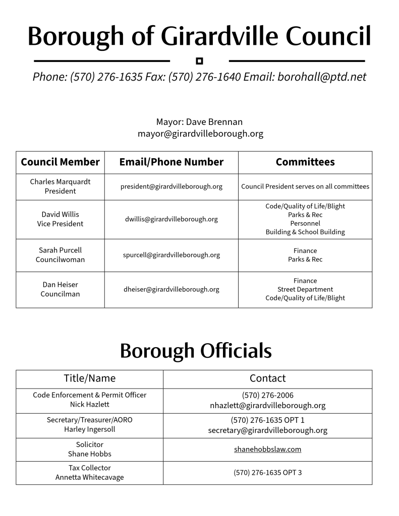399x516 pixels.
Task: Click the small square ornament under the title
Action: pyautogui.click(x=199, y=61)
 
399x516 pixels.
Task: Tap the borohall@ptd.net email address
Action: pyautogui.click(x=322, y=77)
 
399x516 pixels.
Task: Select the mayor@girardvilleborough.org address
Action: pyautogui.click(x=200, y=134)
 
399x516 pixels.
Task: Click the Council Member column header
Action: pyautogui.click(x=60, y=162)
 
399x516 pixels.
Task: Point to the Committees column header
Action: pyautogui.click(x=305, y=162)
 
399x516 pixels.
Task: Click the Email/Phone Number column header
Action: pyautogui.click(x=171, y=162)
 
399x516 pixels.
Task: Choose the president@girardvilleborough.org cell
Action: pyautogui.click(x=171, y=186)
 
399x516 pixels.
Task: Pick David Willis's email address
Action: pyautogui.click(x=171, y=219)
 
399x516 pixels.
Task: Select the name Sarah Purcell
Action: pyautogui.click(x=60, y=250)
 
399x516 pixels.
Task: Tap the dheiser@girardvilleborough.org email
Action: pyautogui.click(x=171, y=289)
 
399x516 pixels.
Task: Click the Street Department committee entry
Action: pyautogui.click(x=305, y=289)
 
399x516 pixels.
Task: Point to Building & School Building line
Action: pyautogui.click(x=305, y=232)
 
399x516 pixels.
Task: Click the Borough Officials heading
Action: pyautogui.click(x=196, y=351)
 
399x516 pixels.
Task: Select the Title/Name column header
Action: pyautogui.click(x=89, y=378)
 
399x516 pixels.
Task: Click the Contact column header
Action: pyautogui.click(x=267, y=378)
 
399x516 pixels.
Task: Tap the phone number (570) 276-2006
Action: pyautogui.click(x=267, y=395)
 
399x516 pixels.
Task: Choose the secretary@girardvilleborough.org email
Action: pyautogui.click(x=267, y=430)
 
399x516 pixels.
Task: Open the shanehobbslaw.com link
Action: pyautogui.click(x=267, y=449)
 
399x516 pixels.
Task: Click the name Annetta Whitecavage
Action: pyautogui.click(x=89, y=477)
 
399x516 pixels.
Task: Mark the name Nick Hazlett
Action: pyautogui.click(x=89, y=404)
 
